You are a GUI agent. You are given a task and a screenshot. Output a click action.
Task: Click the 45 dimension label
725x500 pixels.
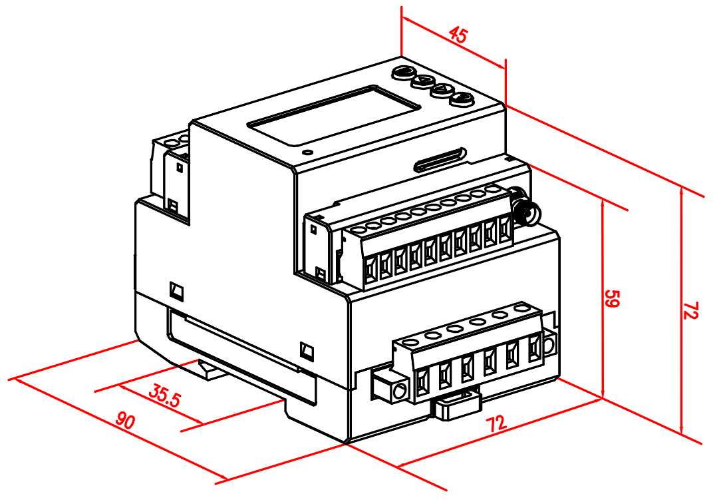(x=458, y=35)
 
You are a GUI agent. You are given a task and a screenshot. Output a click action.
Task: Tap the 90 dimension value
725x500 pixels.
(x=125, y=420)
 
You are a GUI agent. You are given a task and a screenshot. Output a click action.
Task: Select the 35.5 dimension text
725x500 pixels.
(x=164, y=396)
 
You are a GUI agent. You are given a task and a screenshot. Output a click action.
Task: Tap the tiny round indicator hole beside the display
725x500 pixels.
(x=305, y=152)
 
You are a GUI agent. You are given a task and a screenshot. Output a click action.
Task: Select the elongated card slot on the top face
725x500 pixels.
(x=440, y=160)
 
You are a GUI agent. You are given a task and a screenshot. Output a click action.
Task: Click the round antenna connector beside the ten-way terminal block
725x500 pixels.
(x=526, y=210)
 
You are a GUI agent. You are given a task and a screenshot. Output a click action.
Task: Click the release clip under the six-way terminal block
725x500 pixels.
(x=457, y=405)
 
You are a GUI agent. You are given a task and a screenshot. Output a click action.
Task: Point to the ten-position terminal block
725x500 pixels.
(x=432, y=236)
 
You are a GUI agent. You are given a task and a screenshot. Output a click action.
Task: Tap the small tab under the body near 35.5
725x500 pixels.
(x=210, y=370)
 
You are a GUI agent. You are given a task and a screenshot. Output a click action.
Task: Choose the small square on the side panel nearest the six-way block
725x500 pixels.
(x=307, y=351)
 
